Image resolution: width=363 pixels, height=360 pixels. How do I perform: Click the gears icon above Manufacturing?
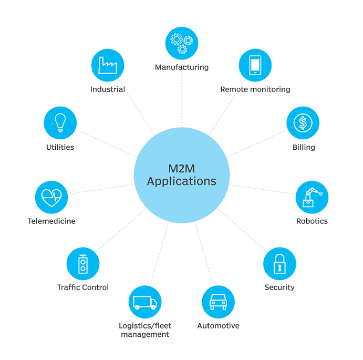tap(182, 44)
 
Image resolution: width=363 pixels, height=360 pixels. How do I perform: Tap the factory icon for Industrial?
tap(108, 65)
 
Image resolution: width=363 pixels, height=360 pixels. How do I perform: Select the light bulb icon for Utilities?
tap(60, 123)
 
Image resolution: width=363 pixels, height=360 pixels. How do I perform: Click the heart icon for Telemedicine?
tap(51, 197)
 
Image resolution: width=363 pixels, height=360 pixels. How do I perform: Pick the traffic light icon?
tap(83, 264)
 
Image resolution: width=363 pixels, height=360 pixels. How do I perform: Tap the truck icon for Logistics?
tap(145, 302)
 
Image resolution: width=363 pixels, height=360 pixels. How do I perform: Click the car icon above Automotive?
tap(218, 302)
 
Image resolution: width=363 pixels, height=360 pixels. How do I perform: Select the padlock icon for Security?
tap(279, 264)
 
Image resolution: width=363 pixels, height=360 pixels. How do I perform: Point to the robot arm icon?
tap(312, 197)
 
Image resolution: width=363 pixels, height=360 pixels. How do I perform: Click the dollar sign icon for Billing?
tap(303, 123)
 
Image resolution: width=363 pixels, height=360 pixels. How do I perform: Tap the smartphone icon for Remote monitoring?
tap(255, 65)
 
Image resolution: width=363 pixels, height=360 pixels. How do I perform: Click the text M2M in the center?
tap(182, 169)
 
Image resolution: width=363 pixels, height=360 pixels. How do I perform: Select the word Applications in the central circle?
tap(182, 181)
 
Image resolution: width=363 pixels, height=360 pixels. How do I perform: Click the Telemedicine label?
tap(51, 221)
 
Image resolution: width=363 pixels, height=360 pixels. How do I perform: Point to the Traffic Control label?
tap(83, 287)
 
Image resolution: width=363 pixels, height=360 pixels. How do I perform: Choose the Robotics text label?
tap(312, 221)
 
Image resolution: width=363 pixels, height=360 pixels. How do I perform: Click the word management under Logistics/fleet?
tap(145, 334)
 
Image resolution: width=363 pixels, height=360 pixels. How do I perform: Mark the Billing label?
tap(304, 147)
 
